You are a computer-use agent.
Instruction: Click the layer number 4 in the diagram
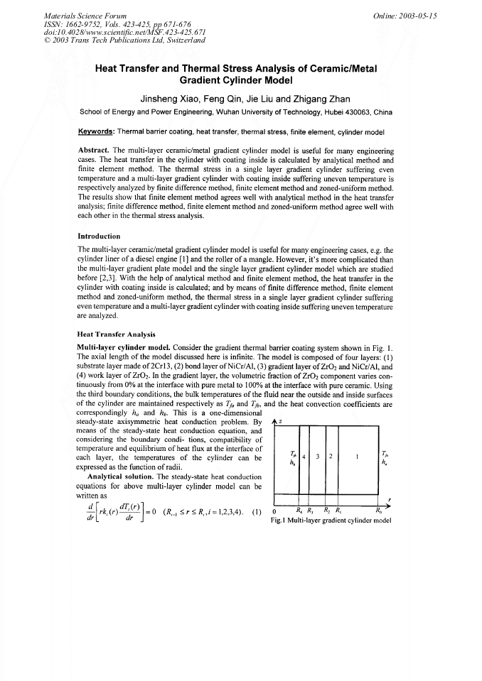(x=304, y=455)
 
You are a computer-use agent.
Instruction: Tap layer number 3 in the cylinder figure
(x=318, y=455)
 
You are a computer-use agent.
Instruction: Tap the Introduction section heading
(x=99, y=236)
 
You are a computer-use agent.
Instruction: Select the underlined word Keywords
(x=96, y=132)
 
